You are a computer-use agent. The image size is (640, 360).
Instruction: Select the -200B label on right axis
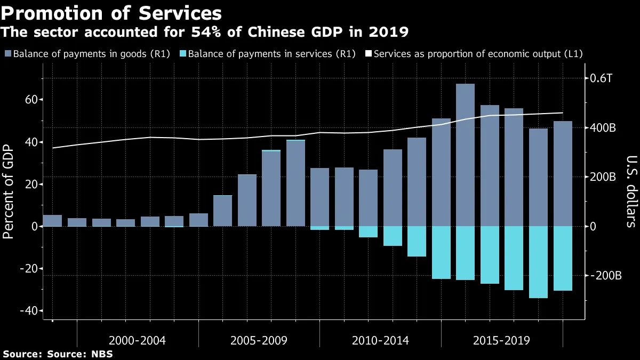point(605,276)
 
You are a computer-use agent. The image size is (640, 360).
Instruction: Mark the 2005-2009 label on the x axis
point(259,340)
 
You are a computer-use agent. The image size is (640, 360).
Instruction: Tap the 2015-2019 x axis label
point(502,340)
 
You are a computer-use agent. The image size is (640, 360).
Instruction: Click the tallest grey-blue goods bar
point(465,155)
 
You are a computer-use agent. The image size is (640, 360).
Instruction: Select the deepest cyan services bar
point(538,262)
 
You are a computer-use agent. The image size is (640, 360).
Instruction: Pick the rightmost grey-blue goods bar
point(563,173)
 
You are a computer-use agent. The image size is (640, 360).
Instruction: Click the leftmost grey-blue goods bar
point(52,221)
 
